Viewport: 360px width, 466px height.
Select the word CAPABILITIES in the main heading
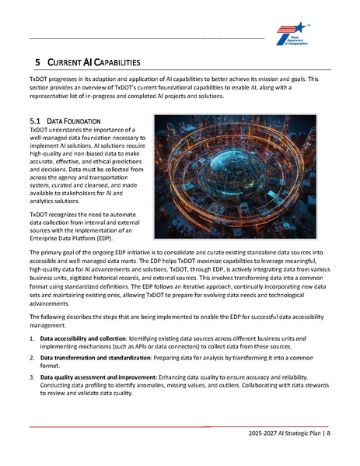[x=112, y=61]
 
